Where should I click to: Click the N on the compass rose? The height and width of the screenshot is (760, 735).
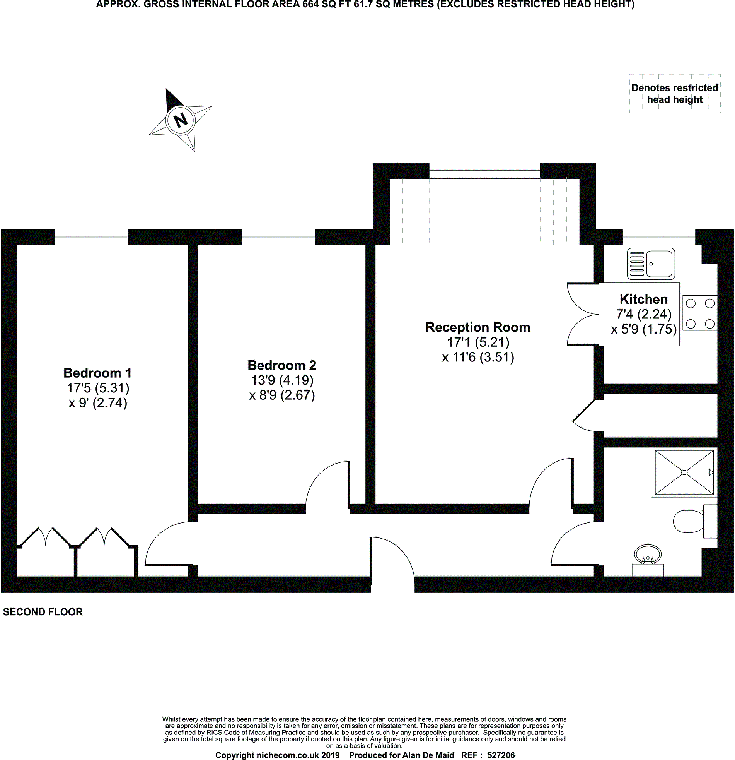[181, 120]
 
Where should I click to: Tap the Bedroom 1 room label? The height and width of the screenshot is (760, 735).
[97, 373]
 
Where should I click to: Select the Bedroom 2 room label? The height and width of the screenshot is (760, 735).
[282, 365]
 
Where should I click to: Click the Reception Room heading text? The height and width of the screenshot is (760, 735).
[477, 327]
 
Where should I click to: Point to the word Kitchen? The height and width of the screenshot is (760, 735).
[644, 300]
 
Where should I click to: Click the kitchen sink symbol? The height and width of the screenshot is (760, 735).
[651, 264]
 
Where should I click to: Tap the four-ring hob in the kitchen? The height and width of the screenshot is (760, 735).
[700, 313]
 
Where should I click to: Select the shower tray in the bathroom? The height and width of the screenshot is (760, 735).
[684, 472]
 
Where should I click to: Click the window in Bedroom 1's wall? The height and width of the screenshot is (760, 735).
[91, 237]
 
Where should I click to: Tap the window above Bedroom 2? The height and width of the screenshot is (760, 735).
[278, 237]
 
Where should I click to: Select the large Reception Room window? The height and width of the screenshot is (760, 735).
[484, 171]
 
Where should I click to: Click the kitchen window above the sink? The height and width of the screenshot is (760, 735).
[659, 237]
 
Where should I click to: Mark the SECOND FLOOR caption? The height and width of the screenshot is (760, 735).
[43, 612]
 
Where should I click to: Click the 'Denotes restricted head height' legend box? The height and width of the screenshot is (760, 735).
[675, 93]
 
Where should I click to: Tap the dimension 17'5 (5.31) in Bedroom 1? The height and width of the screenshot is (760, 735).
[98, 388]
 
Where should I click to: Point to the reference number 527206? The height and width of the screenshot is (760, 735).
[501, 755]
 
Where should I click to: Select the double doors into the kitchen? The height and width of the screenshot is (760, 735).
[582, 315]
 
